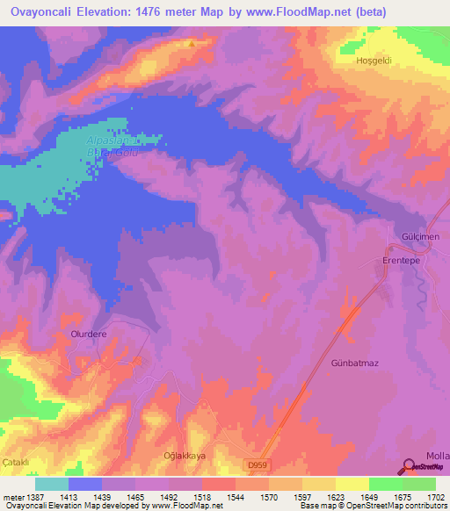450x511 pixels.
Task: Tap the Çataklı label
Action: (x=17, y=462)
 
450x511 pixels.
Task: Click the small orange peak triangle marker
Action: (x=191, y=42)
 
